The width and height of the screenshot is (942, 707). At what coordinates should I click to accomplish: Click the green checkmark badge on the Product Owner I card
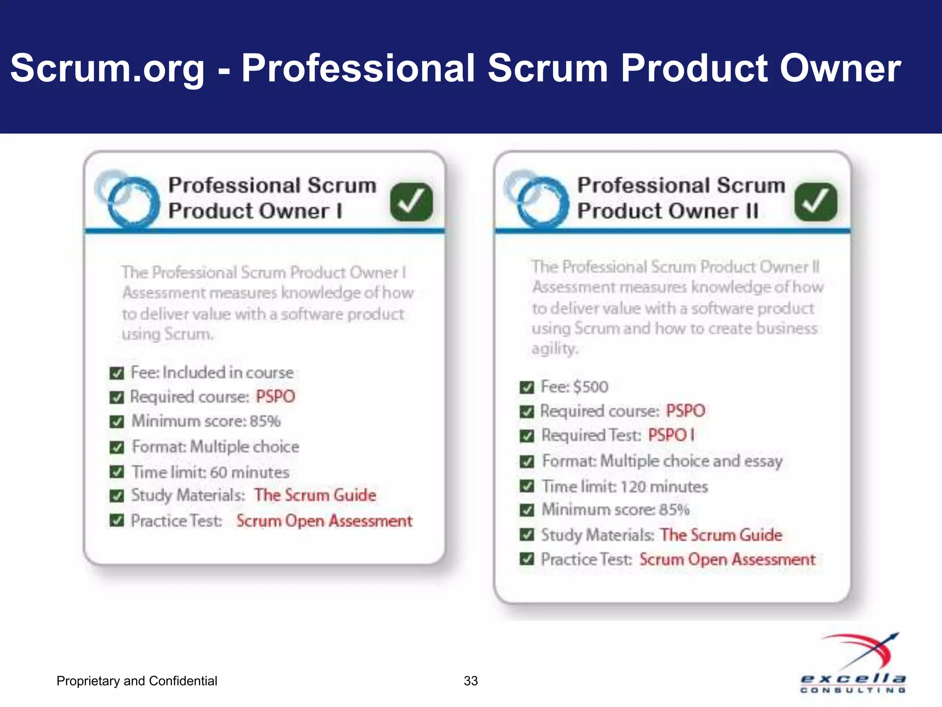tap(411, 202)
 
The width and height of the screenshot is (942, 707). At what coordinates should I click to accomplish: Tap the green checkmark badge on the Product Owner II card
tap(816, 202)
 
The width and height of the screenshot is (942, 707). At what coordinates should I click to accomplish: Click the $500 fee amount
tap(591, 387)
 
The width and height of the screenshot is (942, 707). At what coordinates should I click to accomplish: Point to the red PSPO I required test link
tap(671, 435)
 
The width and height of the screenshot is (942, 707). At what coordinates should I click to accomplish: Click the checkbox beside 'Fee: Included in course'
tap(117, 373)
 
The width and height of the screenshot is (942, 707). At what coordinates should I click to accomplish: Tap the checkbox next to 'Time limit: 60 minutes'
tap(117, 472)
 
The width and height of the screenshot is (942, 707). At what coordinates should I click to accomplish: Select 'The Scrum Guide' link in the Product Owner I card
tap(315, 495)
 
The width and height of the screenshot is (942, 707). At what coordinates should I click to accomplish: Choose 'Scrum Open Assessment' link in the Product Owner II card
tap(727, 560)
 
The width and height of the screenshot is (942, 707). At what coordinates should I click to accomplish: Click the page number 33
tap(471, 681)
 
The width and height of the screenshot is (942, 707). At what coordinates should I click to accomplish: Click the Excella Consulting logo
tap(854, 663)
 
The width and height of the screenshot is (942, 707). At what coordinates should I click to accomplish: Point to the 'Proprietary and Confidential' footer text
tap(137, 681)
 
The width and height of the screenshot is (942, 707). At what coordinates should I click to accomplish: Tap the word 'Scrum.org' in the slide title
tap(107, 68)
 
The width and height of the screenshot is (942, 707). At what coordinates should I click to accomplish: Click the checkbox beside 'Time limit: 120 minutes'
tap(527, 487)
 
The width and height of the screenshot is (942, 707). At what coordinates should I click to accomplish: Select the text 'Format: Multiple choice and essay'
tap(662, 461)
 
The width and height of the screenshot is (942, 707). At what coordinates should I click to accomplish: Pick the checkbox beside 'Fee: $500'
tap(527, 387)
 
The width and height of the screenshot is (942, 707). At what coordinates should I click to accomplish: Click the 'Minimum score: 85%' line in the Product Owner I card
tap(206, 421)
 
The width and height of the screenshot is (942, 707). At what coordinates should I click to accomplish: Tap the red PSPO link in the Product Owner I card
tap(275, 397)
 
